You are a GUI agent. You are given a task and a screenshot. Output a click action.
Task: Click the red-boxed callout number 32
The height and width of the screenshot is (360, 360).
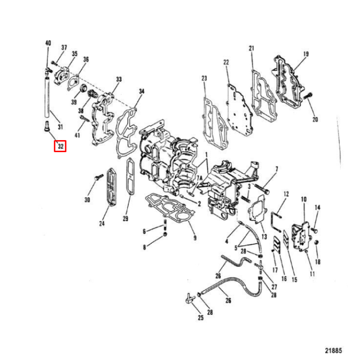pos(60,145)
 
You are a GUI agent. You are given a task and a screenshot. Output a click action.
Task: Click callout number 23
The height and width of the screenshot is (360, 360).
pos(204,79)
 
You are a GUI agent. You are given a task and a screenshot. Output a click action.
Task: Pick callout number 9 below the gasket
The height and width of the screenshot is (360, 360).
pos(194,238)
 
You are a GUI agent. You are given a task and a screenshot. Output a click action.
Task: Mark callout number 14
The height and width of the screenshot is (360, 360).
pos(317,207)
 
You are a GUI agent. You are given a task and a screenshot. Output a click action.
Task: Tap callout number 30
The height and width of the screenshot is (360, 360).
pos(87,200)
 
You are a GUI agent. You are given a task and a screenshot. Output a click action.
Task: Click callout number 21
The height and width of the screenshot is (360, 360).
pos(251,48)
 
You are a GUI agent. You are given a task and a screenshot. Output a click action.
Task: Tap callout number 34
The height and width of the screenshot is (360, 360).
pos(141,91)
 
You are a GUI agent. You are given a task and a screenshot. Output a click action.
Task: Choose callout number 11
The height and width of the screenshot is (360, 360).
pos(312,274)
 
